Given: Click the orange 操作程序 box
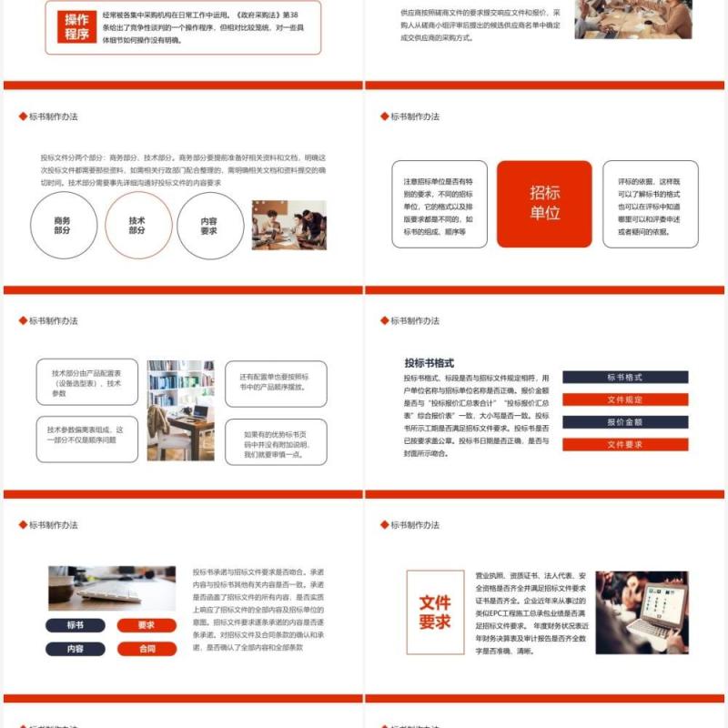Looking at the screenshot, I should coord(76,27).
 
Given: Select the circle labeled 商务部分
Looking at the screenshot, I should coord(63,225).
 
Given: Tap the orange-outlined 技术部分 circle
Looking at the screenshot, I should coord(137,225).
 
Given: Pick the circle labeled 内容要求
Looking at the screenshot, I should coord(209,225).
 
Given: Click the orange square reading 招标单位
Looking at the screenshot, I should coord(544,204).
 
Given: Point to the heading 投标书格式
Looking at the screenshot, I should coord(430,362).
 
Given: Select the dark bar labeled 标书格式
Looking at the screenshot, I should coord(625,377).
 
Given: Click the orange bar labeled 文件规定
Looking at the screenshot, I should coord(625,399).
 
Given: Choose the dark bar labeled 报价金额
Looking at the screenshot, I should coord(625,422).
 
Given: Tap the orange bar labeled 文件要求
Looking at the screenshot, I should coord(625,445).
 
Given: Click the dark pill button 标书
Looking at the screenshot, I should coord(76,625).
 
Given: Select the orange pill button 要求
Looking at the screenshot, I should coord(147,625).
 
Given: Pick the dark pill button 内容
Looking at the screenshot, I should coord(76,649).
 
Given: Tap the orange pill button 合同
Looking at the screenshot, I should coord(147,649).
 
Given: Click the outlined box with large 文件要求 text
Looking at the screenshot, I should coord(435,612).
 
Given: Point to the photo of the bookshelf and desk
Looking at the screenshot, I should coord(180,410).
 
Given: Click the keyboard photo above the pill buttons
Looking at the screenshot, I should coord(111,589).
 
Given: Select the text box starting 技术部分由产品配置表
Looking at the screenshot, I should coord(86,382).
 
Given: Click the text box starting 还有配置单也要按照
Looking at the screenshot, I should coord(275,382).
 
